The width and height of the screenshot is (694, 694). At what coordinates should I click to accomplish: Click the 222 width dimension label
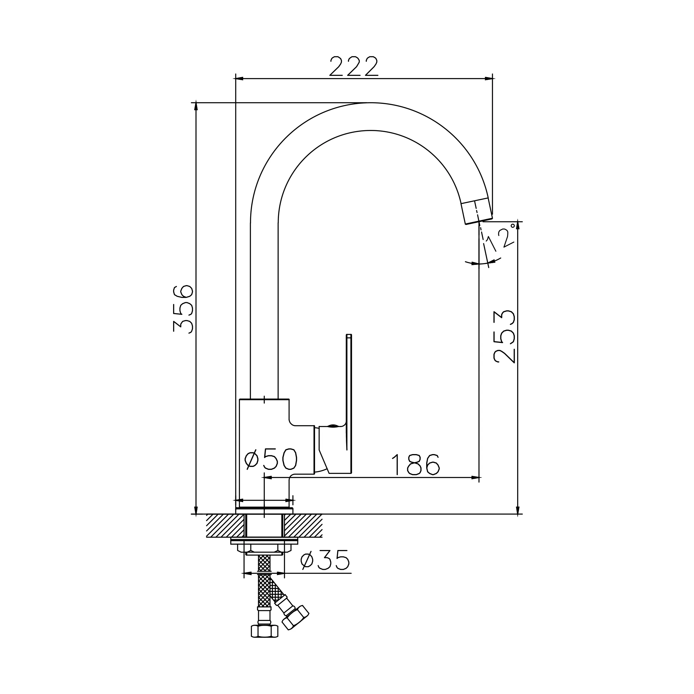pyautogui.click(x=354, y=66)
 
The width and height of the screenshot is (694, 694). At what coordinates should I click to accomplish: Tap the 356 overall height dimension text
pyautogui.click(x=183, y=309)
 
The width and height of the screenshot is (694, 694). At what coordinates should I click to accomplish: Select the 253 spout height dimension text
pyautogui.click(x=504, y=336)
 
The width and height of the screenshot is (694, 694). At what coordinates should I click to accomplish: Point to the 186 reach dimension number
pyautogui.click(x=416, y=464)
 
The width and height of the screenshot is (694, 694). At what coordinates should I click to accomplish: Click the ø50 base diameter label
pyautogui.click(x=271, y=459)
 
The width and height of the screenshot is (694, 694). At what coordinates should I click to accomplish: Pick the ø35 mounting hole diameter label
pyautogui.click(x=325, y=560)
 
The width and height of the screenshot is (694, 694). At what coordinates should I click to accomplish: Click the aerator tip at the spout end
pyautogui.click(x=477, y=211)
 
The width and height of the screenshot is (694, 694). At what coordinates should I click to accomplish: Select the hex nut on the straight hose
pyautogui.click(x=264, y=631)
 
